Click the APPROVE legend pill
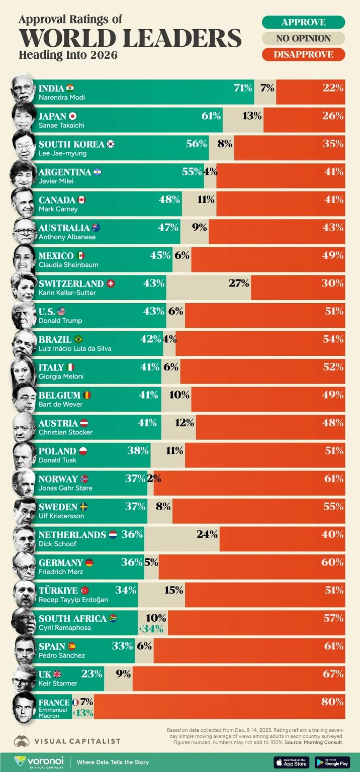303,22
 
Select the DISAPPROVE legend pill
303,54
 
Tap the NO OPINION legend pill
303,38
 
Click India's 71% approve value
243,88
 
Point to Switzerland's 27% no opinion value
239,283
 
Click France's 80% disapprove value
332,702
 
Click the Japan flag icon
72,116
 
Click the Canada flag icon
81,200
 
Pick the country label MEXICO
56,255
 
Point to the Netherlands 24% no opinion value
207,534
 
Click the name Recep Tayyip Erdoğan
73,600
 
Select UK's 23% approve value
92,674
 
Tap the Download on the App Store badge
292,762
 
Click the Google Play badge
332,762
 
